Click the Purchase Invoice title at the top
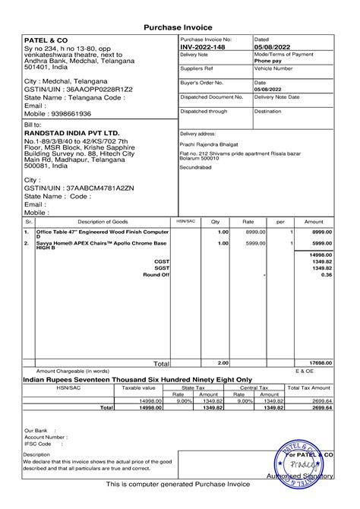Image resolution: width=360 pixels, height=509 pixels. pos(179,27)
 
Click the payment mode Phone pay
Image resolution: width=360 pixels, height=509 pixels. pos(267,62)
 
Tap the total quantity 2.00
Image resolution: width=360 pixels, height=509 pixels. pos(223,364)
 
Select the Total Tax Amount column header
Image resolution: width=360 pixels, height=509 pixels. pos(308,387)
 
